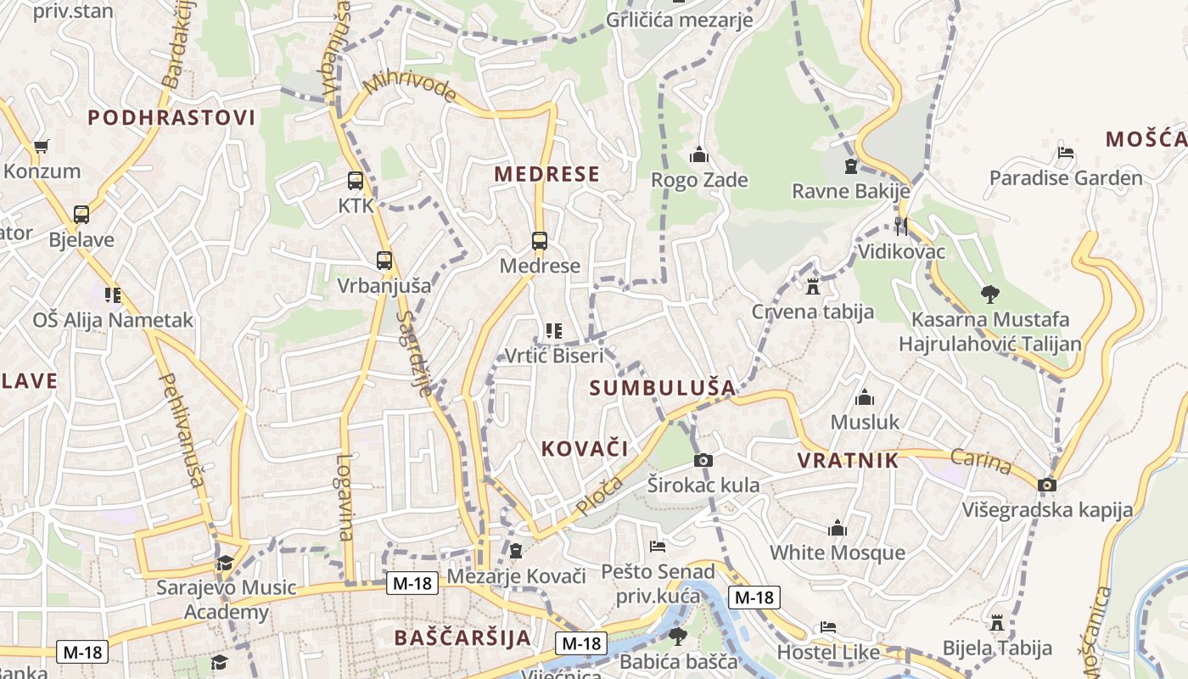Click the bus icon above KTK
pos(356,181)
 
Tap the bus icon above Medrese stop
pos(540,241)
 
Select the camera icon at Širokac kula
pos(703,461)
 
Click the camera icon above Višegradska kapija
pos(1048,485)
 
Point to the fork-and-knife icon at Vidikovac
pos(901,226)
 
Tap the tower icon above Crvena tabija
pos(813,286)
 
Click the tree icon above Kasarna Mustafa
pos(989,295)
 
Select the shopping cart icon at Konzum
pos(41,146)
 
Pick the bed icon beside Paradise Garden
pos(1067,154)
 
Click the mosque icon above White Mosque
pos(838,528)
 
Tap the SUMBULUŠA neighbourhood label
pos(663,388)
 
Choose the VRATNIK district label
pos(848,460)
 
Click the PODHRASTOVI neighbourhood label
pos(171,118)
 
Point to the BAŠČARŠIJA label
pos(463,637)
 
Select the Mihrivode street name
pos(410,87)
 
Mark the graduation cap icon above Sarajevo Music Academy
pos(225,563)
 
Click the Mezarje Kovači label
pos(517,576)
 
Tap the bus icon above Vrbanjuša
pos(384,261)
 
